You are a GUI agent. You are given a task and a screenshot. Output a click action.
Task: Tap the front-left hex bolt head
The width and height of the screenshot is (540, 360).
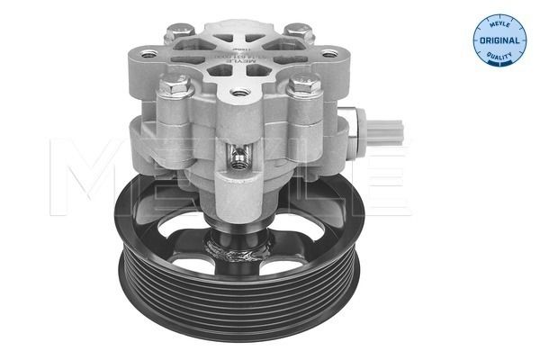[x=171, y=87]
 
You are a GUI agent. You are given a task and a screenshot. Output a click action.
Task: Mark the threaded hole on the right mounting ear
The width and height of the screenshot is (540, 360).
[x=329, y=54]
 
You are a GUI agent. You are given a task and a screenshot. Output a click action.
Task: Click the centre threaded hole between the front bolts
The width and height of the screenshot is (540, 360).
[x=238, y=92]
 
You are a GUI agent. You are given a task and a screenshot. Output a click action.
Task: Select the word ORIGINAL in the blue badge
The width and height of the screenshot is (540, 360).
[x=499, y=40]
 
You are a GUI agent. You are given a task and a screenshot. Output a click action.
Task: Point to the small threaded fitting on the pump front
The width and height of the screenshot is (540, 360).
[x=238, y=161]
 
